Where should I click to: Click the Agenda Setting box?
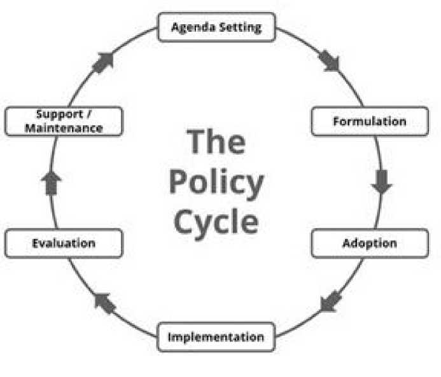coord(216,27)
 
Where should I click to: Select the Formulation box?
coord(369,121)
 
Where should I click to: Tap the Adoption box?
coord(369,243)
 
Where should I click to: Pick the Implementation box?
coord(216,337)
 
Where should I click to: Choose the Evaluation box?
coord(63,243)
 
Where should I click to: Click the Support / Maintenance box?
coord(63,121)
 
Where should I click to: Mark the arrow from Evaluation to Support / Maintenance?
coord(51,183)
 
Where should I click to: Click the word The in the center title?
coord(216,141)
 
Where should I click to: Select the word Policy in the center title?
coord(216,182)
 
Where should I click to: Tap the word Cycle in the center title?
coord(216,222)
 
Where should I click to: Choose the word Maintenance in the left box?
coord(69,128)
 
